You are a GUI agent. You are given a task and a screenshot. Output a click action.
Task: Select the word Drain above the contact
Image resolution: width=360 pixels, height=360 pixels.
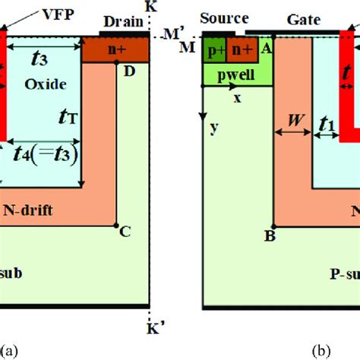(122, 22)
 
